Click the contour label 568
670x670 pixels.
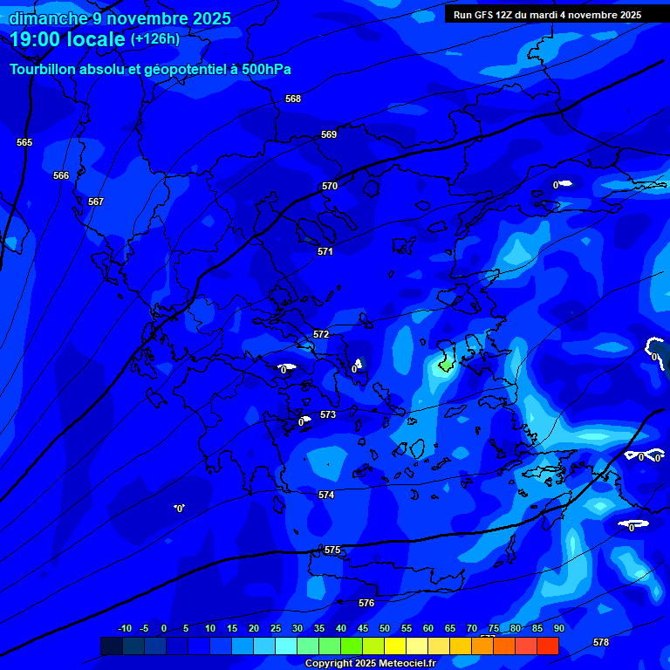pos(293,99)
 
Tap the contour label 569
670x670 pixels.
pos(329,134)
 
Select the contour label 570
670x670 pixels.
pos(330,186)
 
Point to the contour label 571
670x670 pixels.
pos(325,251)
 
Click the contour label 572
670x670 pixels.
pos(321,334)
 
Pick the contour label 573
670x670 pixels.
pos(328,414)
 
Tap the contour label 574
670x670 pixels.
pos(326,495)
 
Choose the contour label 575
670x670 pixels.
pos(332,550)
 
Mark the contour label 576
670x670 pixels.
pos(366,603)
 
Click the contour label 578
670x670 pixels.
pos(601,642)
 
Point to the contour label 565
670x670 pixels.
pos(24,142)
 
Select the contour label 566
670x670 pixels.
pos(61,175)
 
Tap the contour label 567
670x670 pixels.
pos(96,202)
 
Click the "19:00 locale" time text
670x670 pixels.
pos(68,39)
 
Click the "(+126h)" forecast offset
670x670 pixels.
pos(155,38)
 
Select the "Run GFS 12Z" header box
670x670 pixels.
pos(548,15)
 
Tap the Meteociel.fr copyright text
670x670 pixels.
pos(370,663)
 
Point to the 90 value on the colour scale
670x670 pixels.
pos(558,628)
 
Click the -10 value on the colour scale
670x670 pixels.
pos(124,628)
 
